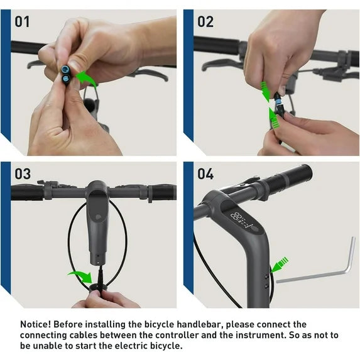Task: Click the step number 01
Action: click(22, 22)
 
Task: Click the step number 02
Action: click(205, 22)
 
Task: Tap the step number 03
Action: click(23, 174)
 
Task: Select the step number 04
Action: click(205, 174)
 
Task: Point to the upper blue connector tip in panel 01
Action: click(65, 68)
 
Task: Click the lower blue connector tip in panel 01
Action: click(65, 79)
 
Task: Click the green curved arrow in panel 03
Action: click(82, 276)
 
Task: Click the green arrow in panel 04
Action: click(280, 265)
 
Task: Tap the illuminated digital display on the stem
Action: click(243, 221)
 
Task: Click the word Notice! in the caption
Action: click(35, 324)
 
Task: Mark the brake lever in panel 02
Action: click(221, 65)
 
